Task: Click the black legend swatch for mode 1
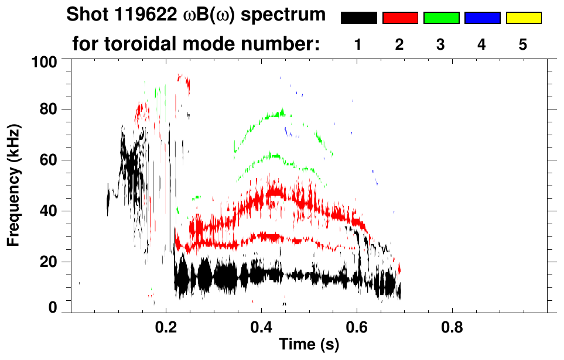[358, 18]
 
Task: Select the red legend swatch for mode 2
[400, 18]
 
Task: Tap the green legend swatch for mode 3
[441, 18]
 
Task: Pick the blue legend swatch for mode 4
[482, 18]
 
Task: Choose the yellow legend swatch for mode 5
[523, 18]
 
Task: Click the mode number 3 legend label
[441, 44]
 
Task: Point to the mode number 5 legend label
[523, 44]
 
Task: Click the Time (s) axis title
[308, 345]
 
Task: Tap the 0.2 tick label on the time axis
[166, 326]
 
